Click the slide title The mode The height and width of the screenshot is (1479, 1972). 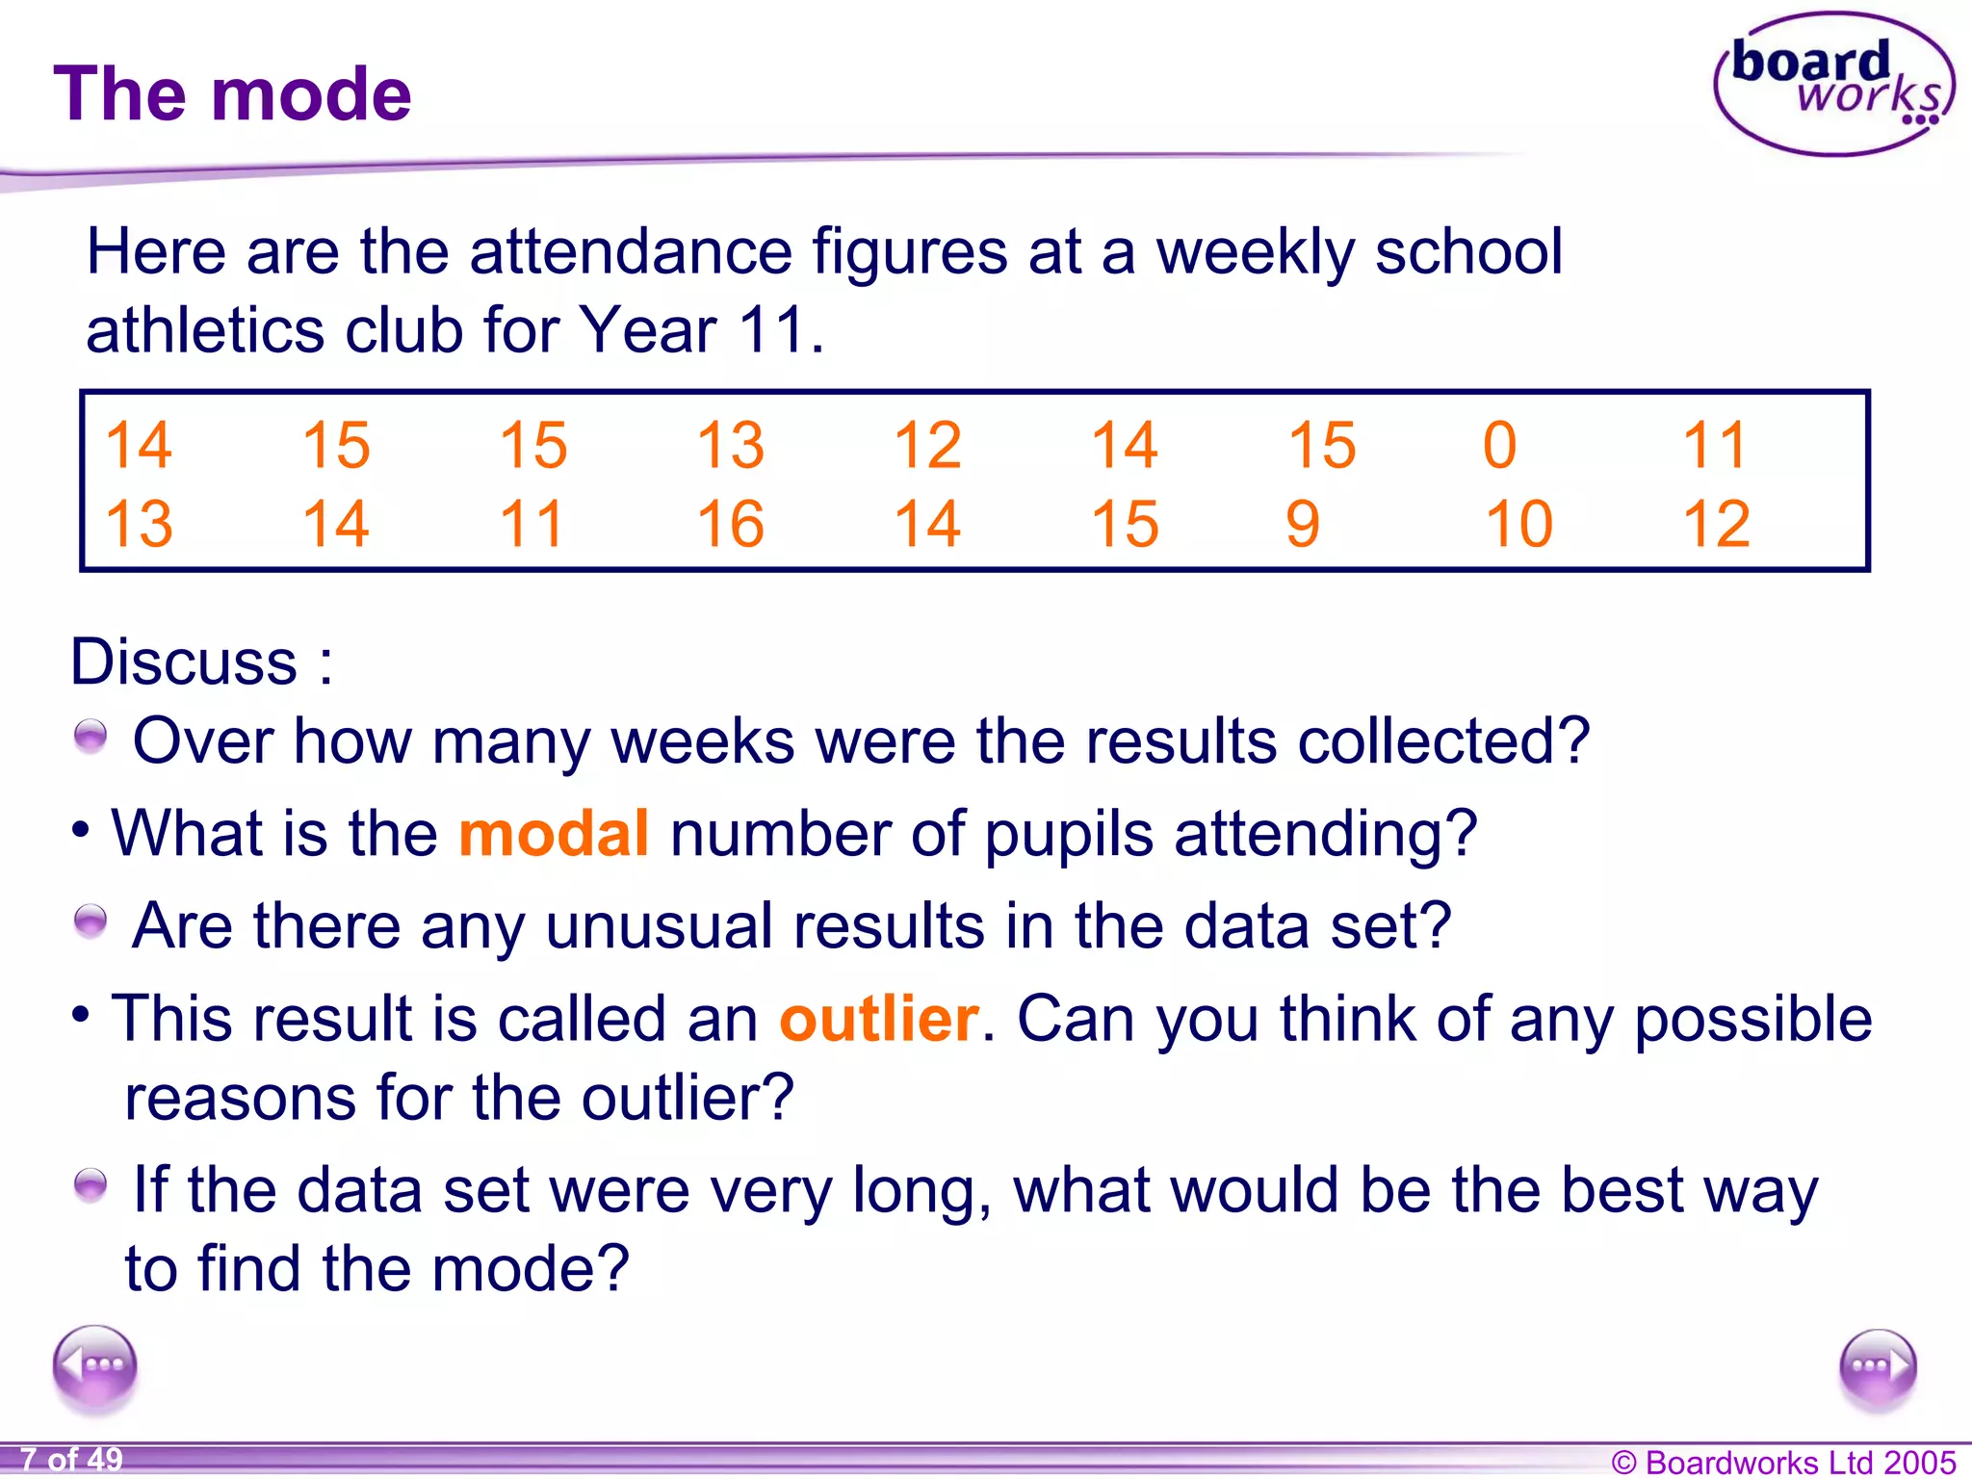point(232,94)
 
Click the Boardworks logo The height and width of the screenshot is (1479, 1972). point(1833,85)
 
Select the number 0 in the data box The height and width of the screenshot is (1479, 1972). point(1499,446)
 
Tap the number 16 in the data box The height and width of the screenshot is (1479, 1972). point(730,525)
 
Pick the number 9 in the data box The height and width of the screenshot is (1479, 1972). point(1302,525)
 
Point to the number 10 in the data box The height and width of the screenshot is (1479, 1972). point(1518,525)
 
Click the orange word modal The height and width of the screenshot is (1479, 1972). point(554,833)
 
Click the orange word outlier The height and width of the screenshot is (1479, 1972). point(878,1019)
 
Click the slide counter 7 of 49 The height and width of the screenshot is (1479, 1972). point(72,1460)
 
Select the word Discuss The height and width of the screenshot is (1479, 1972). point(184,662)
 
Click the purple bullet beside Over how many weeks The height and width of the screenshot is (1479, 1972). point(91,738)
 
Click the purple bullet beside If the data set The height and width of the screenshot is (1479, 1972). point(91,1185)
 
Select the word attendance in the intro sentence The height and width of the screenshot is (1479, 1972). point(630,252)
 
